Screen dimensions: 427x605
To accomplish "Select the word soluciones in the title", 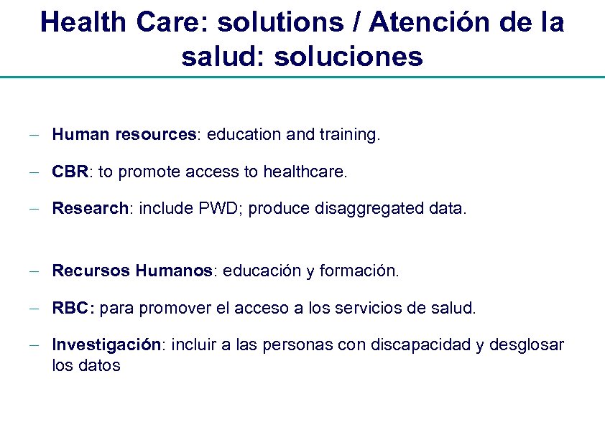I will point(345,56).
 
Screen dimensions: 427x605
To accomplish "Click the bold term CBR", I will point(70,172).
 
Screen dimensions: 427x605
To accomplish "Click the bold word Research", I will point(90,209).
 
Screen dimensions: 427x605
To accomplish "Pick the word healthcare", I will point(304,172).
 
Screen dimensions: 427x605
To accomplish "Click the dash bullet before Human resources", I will point(34,134).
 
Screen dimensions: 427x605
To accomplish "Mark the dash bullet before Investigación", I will point(34,345).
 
